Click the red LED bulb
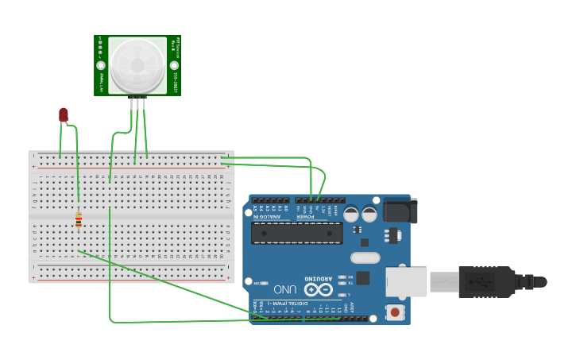click(x=64, y=115)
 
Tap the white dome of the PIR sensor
click(x=137, y=64)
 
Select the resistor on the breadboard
click(x=79, y=219)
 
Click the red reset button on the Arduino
click(x=395, y=312)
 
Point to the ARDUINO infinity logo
click(x=319, y=290)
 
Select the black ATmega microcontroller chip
click(x=297, y=233)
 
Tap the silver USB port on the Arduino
click(x=408, y=282)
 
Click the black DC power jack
click(x=400, y=211)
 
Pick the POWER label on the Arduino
click(x=304, y=215)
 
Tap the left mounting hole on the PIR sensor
click(x=101, y=65)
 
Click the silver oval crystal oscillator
click(x=365, y=257)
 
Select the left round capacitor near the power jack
click(x=351, y=214)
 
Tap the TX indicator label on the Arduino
click(x=350, y=283)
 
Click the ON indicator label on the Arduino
click(x=257, y=283)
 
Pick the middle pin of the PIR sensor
click(x=139, y=103)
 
